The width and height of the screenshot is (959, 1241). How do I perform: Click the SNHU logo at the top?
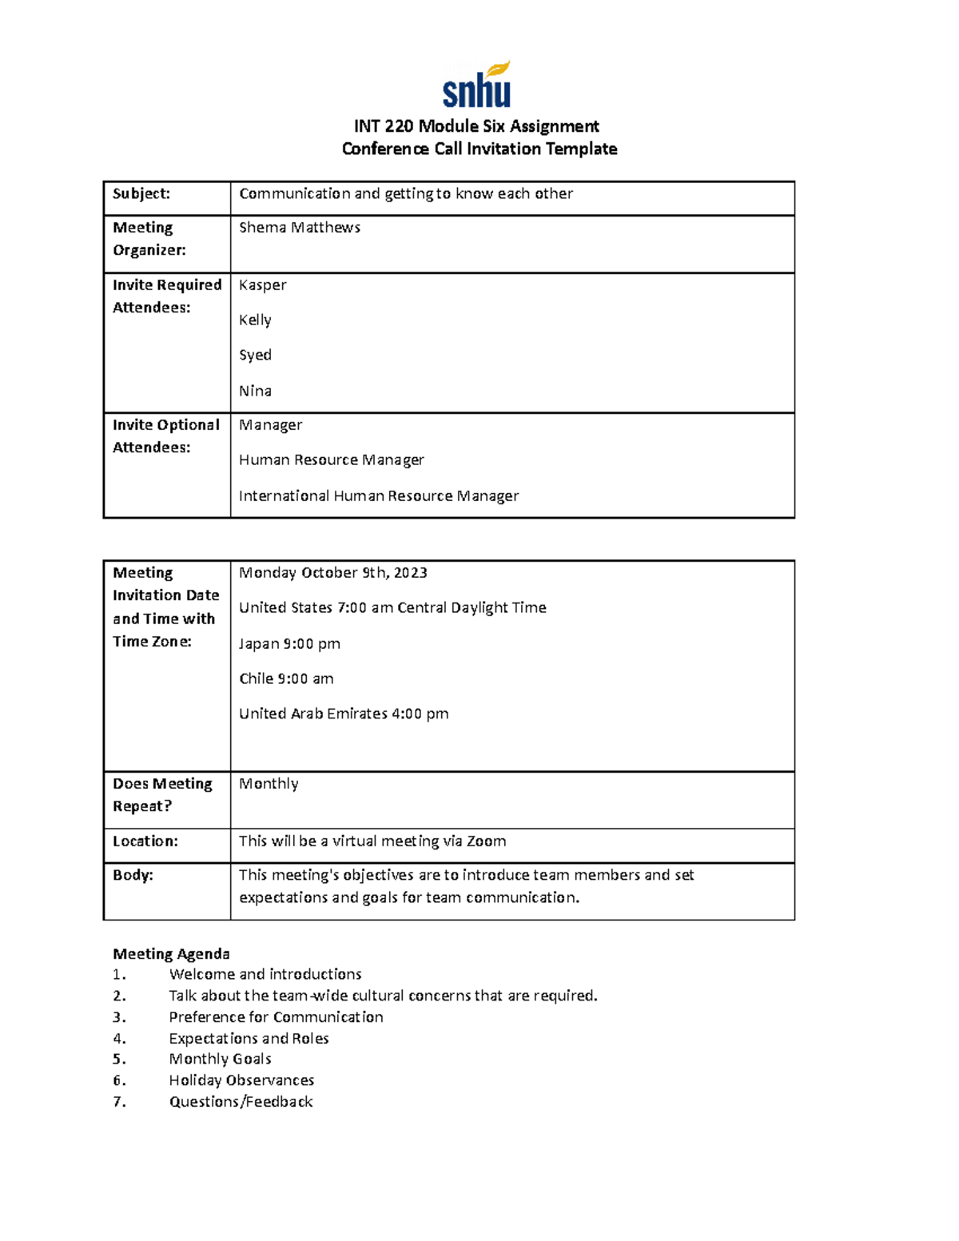(x=477, y=85)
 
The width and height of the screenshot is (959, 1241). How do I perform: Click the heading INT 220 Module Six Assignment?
(x=476, y=126)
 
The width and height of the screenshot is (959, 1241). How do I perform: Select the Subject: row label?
(x=141, y=193)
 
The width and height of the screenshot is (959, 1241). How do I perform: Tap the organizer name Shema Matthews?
(x=300, y=228)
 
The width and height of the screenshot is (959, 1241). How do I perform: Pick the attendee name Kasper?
(x=262, y=285)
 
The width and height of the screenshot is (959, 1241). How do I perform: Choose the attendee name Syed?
(x=255, y=355)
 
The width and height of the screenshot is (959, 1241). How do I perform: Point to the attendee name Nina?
(x=255, y=391)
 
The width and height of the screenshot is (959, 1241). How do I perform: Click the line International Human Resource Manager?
(x=379, y=496)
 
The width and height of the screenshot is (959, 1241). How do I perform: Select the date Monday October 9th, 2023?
(x=332, y=573)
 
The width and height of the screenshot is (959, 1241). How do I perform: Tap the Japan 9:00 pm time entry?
(x=289, y=644)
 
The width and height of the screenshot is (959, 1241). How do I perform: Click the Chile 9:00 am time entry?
(x=286, y=679)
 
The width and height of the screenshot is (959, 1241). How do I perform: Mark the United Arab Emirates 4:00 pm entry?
(x=344, y=714)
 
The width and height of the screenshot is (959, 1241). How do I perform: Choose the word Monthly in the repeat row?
(x=269, y=784)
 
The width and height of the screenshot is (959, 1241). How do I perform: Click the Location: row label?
(x=145, y=841)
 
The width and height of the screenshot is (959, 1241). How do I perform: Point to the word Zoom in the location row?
(x=486, y=841)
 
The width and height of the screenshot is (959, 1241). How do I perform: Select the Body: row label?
(x=133, y=875)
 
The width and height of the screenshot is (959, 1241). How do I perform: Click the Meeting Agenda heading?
(x=171, y=954)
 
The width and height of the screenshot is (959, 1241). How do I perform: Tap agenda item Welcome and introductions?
(x=265, y=975)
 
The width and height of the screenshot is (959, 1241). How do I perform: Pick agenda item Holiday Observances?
(x=241, y=1080)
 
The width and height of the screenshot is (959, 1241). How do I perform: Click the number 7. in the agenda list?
(x=119, y=1102)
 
